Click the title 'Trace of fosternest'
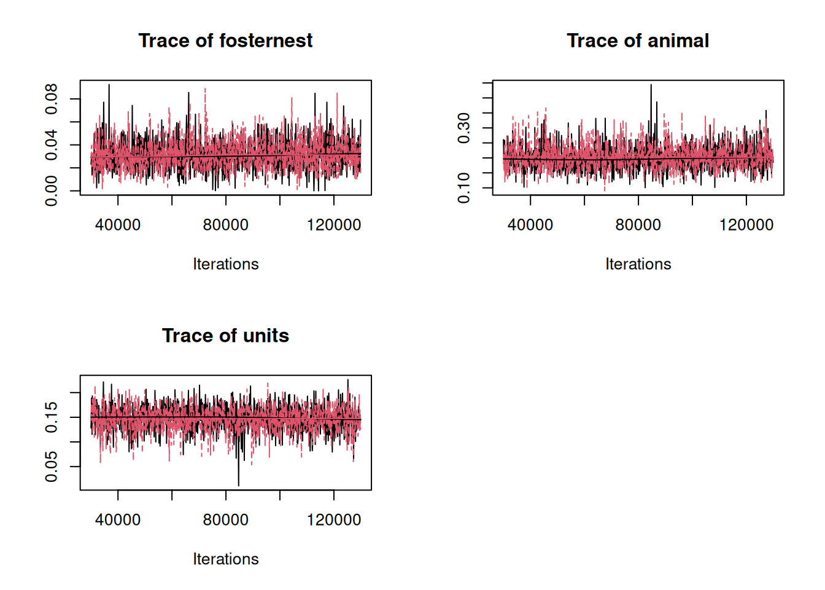click(225, 41)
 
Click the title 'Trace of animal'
click(638, 41)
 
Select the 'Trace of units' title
click(225, 336)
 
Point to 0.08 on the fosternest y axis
click(51, 99)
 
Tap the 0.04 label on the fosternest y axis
click(51, 145)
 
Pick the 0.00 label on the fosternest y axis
click(51, 191)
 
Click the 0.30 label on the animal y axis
click(463, 128)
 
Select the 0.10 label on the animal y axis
click(463, 188)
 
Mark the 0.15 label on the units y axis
click(51, 417)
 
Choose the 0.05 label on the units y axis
click(51, 466)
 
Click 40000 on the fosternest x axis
click(118, 225)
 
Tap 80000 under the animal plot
click(638, 225)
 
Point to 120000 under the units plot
click(334, 520)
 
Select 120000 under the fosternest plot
click(334, 225)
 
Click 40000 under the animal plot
click(530, 225)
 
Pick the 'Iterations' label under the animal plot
click(638, 264)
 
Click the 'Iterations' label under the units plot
click(225, 559)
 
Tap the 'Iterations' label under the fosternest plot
click(225, 264)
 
